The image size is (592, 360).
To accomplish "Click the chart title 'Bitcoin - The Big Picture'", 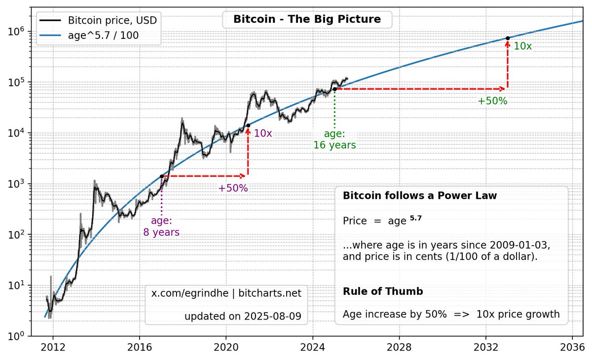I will [x=307, y=20].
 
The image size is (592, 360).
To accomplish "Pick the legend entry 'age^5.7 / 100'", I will [x=104, y=36].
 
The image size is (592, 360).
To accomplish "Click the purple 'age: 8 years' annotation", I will [x=161, y=226].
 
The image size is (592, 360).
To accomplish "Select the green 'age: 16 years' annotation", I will [x=334, y=140].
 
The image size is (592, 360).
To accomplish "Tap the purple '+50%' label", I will [x=233, y=188].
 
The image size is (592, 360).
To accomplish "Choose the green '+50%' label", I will [x=492, y=101].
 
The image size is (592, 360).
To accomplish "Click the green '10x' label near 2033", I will [x=522, y=46].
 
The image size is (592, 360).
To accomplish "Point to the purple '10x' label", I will [x=263, y=133].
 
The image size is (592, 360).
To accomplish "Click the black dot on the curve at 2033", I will [x=508, y=38].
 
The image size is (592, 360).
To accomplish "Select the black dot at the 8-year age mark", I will [x=161, y=176].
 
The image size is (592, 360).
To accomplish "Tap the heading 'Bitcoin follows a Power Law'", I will [x=419, y=196].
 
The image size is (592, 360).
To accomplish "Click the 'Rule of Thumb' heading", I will [x=383, y=291].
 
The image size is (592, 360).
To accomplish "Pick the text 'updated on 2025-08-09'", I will [x=242, y=316].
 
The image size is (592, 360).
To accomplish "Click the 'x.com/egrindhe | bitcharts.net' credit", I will [x=226, y=293].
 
